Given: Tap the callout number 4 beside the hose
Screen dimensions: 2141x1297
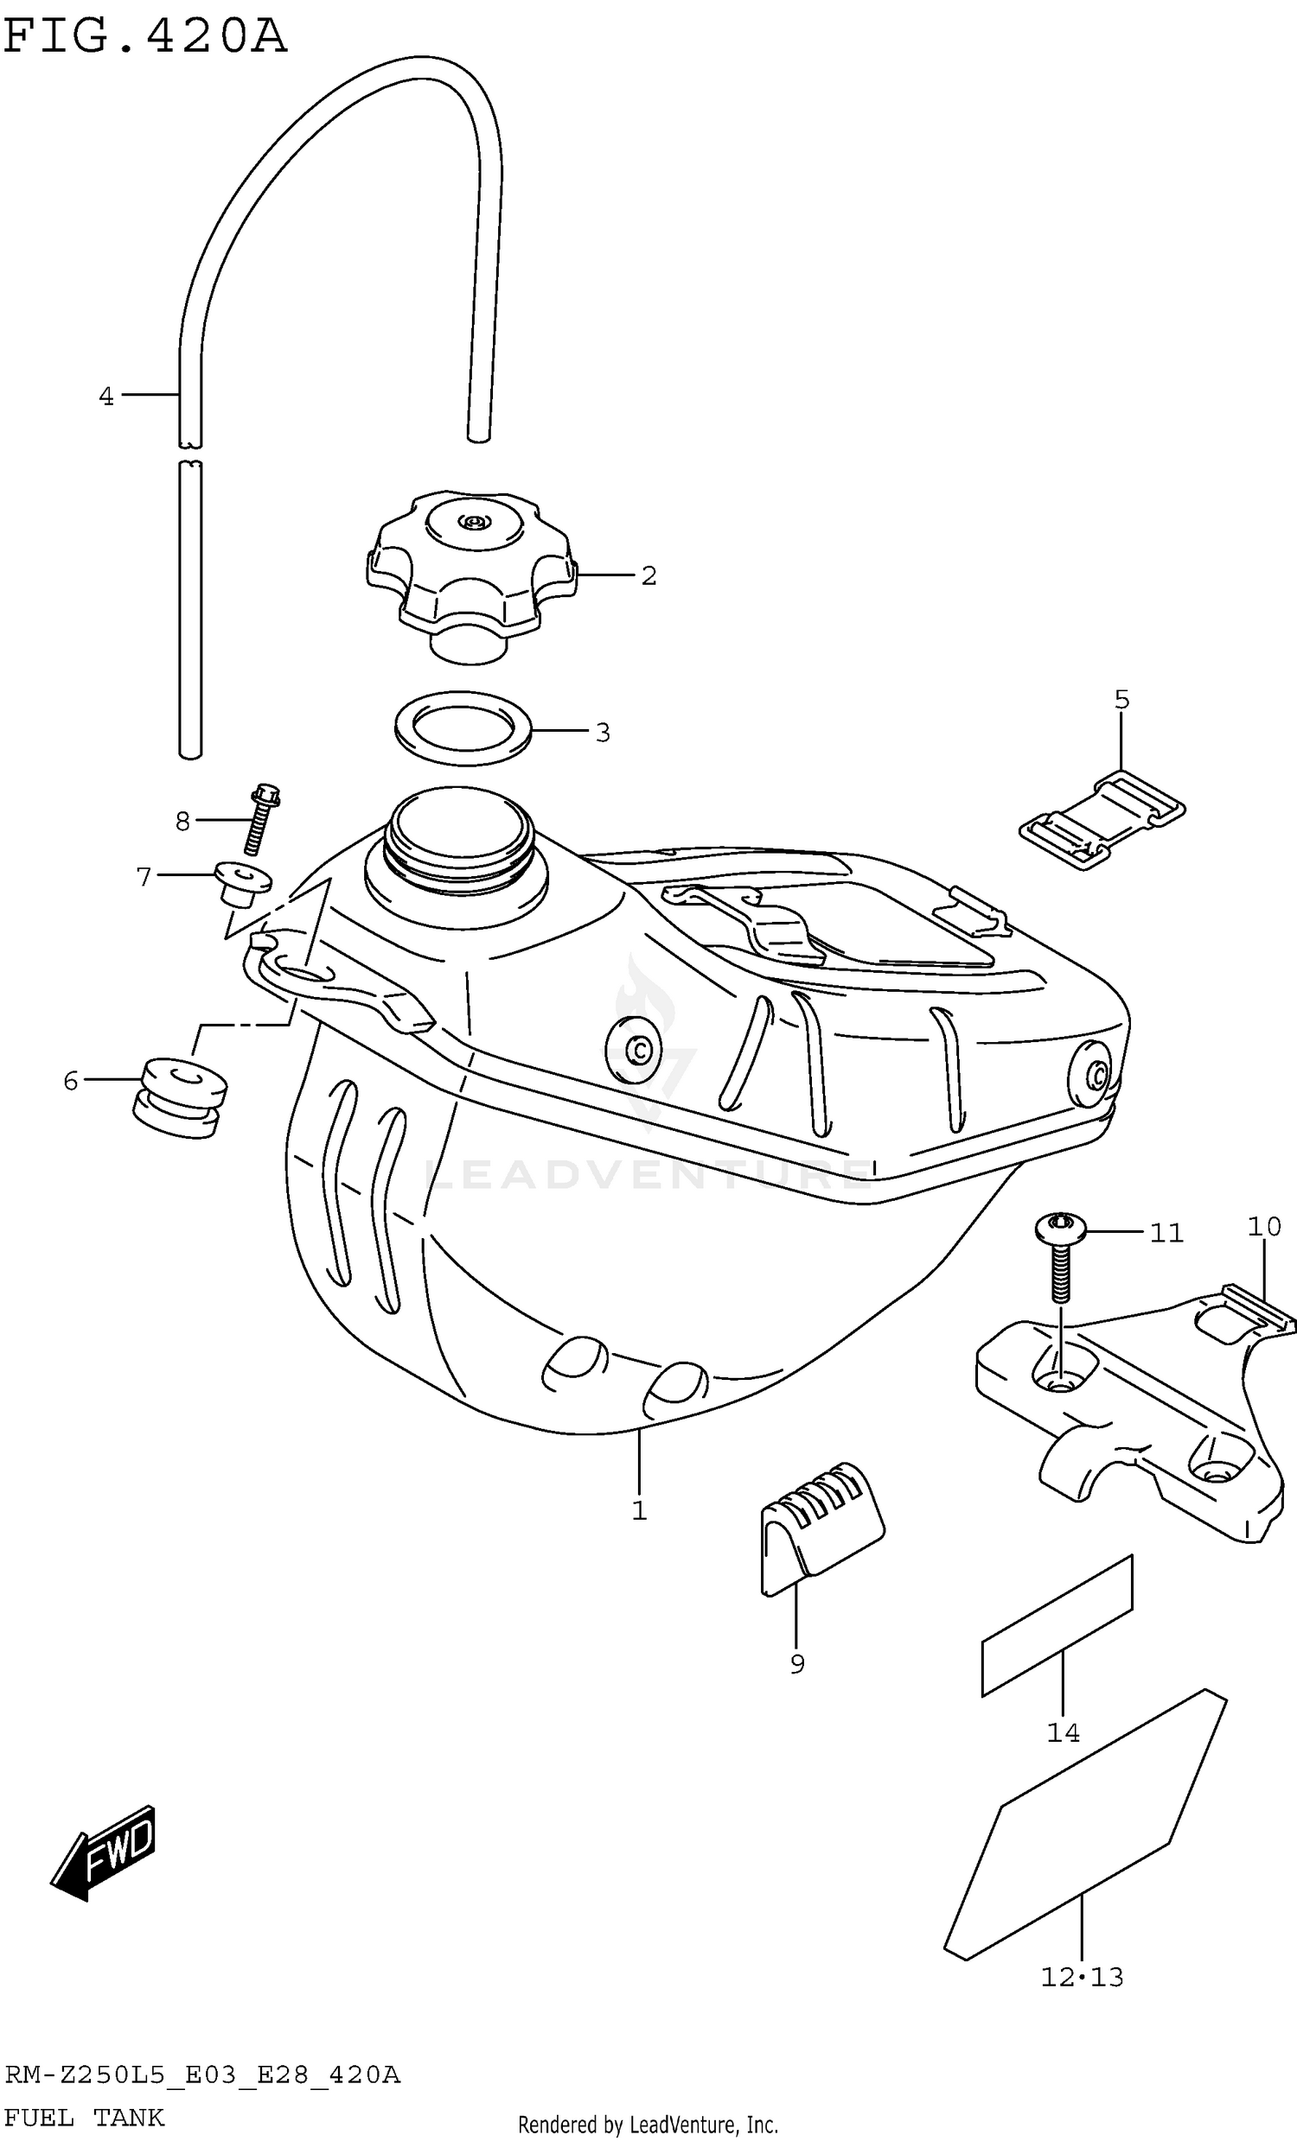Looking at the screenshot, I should [x=106, y=397].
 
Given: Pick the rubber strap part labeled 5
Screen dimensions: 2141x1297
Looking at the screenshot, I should [x=1103, y=819].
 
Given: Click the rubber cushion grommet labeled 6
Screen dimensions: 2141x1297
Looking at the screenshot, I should [x=181, y=1098].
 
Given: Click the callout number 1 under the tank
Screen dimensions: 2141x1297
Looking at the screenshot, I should [x=639, y=1512].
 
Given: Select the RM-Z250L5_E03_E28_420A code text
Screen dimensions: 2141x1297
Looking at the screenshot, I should [x=202, y=2076].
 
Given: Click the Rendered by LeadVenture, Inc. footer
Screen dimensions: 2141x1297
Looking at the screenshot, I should [x=648, y=2125].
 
